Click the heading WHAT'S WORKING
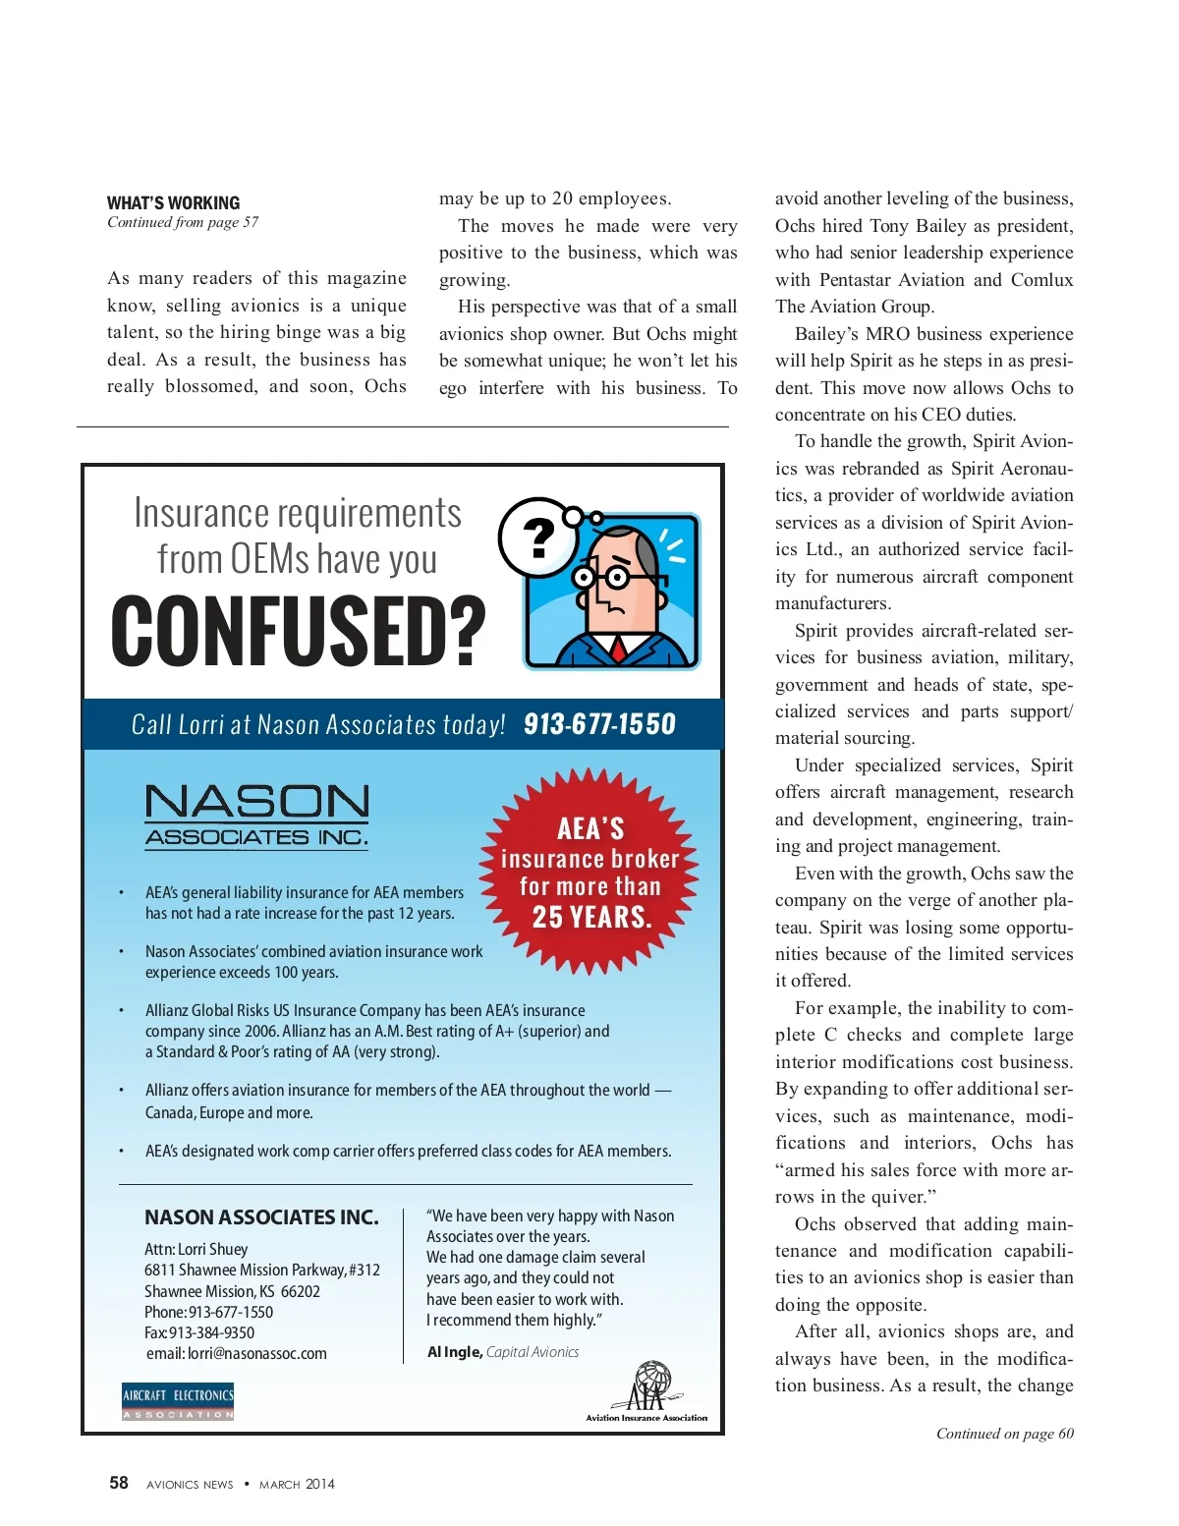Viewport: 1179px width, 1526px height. (x=173, y=203)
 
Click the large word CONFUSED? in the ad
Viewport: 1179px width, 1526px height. (x=298, y=631)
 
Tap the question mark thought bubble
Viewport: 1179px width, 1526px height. (x=538, y=537)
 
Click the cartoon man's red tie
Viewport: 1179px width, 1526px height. (x=617, y=649)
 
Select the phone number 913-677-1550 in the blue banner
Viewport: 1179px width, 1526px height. (x=599, y=725)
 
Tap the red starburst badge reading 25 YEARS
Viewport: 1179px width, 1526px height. (x=589, y=873)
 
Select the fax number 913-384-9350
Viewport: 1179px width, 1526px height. (x=211, y=1332)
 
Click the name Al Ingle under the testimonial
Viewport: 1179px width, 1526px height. (x=454, y=1352)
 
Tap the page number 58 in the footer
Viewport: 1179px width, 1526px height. (x=119, y=1483)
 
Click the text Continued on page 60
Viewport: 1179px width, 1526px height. (x=1004, y=1434)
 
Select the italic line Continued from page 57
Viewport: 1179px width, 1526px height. (x=183, y=222)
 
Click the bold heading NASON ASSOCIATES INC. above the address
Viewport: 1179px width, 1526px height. (x=261, y=1217)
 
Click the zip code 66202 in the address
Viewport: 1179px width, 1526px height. (x=301, y=1291)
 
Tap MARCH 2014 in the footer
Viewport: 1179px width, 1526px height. (x=297, y=1484)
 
